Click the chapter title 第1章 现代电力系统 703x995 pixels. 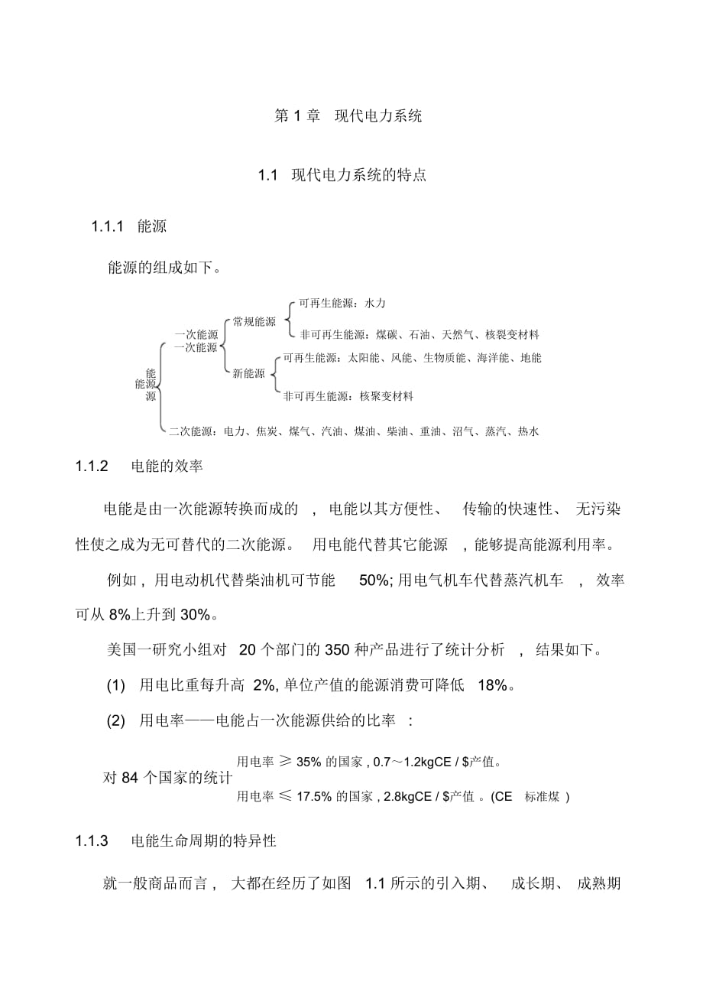click(348, 116)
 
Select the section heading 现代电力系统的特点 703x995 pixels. click(358, 175)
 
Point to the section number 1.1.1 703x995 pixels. click(108, 226)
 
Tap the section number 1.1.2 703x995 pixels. click(92, 466)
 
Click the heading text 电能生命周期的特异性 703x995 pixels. click(202, 841)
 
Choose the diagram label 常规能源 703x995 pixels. click(254, 322)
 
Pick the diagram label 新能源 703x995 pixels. click(248, 374)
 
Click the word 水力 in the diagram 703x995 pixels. click(375, 304)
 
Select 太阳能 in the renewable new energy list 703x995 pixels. click(363, 357)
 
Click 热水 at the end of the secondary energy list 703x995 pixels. click(528, 431)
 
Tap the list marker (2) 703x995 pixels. click(115, 720)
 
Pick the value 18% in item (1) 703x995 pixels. click(492, 685)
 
